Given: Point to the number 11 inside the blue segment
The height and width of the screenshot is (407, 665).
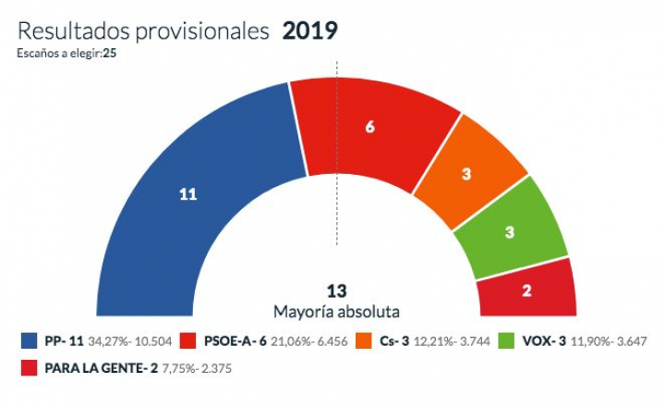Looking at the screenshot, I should [x=188, y=194].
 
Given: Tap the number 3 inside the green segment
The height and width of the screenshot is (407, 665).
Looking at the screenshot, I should [x=510, y=233].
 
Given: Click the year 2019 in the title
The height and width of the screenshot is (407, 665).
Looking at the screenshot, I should [x=309, y=30].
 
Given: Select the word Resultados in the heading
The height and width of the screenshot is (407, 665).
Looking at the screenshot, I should [x=73, y=30].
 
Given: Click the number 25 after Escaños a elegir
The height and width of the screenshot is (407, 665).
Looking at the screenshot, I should [x=109, y=52].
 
